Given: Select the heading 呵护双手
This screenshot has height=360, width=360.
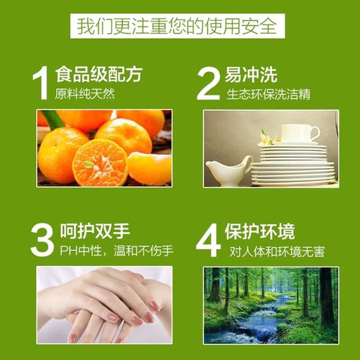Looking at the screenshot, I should [93, 228].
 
